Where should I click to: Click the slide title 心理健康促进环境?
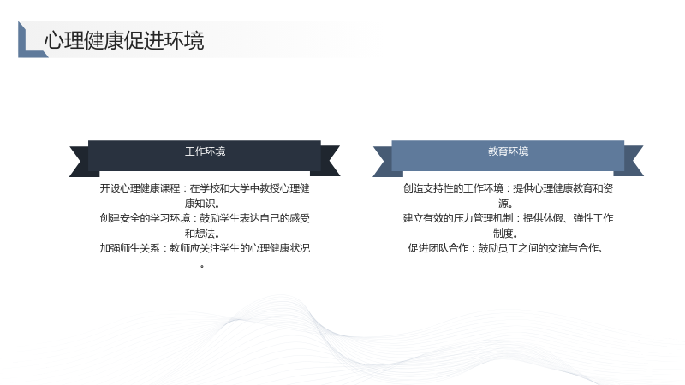point(124,40)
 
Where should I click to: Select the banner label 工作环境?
point(205,151)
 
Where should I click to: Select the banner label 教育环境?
point(508,151)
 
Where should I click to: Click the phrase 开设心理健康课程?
point(140,188)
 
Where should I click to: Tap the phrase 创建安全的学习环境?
point(145,218)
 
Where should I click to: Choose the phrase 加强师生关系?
point(130,248)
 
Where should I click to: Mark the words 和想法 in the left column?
point(200,233)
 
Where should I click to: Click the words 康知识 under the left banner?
point(200,204)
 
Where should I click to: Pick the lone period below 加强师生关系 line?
point(202,266)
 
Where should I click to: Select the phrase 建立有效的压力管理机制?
point(458,218)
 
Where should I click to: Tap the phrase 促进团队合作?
point(438,248)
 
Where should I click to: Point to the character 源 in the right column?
point(503,204)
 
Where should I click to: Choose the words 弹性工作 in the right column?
point(593,218)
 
